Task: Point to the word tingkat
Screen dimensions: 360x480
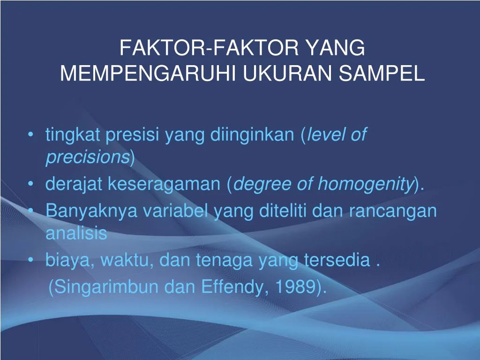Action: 73,136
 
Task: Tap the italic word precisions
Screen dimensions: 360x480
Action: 87,158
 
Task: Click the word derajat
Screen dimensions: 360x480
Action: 75,184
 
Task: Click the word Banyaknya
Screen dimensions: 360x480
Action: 91,211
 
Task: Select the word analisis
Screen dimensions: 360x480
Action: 76,233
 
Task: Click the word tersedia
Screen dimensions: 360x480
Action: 337,260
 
